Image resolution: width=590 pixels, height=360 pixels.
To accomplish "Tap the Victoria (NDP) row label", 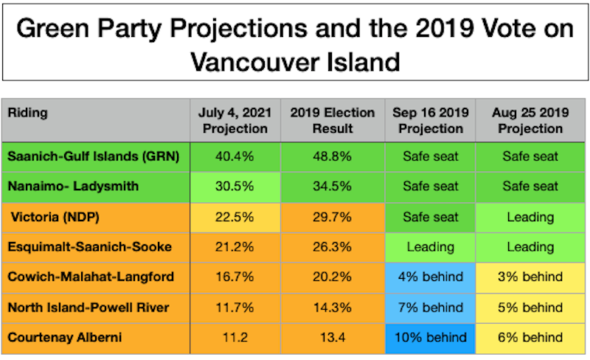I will pyautogui.click(x=55, y=217).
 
